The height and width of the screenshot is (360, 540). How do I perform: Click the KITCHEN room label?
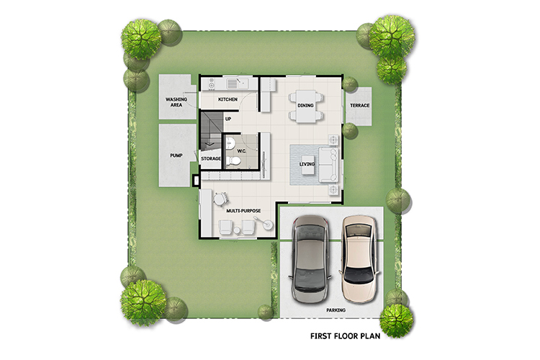coord(228,99)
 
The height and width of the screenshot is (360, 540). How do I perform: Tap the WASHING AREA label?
coord(176,102)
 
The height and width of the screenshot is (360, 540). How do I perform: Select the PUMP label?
coord(176,156)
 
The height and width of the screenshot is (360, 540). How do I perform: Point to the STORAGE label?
coord(211,158)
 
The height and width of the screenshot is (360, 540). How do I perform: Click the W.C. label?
coord(241,151)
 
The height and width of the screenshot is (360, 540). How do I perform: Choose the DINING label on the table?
coord(305,105)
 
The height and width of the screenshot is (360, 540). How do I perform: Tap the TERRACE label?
coord(359,105)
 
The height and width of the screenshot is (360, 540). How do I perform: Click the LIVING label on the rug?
coord(307,164)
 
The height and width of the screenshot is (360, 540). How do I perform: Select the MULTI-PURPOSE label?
coord(243,210)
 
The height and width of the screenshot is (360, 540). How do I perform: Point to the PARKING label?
coord(336,310)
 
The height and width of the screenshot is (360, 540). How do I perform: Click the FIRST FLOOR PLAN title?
coord(345,336)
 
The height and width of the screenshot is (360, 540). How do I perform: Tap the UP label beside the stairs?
coord(228,119)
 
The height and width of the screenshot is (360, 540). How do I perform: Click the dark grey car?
coord(310,258)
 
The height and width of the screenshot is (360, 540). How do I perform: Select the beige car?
coord(361,259)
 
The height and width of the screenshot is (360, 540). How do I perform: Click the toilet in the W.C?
coord(233,161)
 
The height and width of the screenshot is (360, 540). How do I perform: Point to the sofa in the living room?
coord(328,164)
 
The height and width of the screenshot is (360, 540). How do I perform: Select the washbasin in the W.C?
coord(230,142)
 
